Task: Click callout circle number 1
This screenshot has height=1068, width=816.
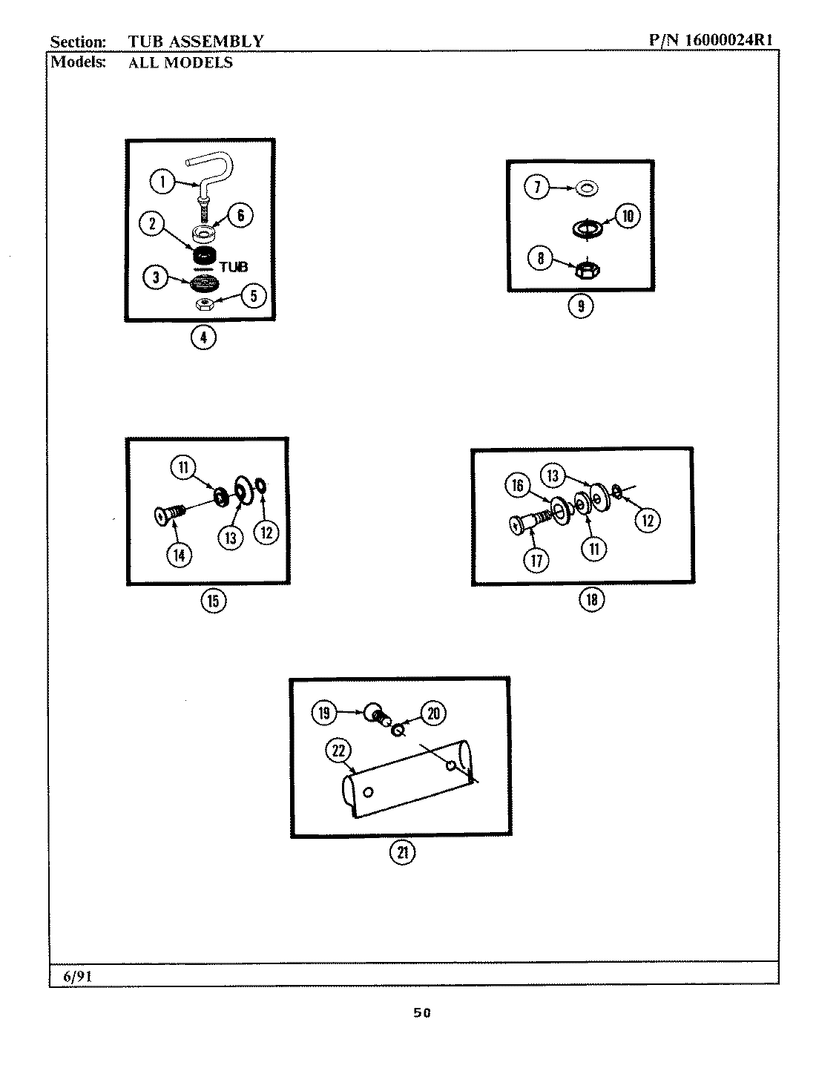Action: [x=162, y=180]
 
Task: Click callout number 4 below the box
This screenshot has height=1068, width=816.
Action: [x=203, y=337]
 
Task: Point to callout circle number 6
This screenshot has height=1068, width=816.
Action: [x=240, y=216]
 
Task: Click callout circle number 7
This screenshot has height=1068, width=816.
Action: [x=537, y=187]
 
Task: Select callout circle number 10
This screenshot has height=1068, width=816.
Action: [x=627, y=216]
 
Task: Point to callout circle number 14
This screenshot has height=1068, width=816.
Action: [x=180, y=553]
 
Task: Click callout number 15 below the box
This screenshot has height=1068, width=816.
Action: [x=213, y=600]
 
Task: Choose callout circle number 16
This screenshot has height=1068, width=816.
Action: [x=518, y=486]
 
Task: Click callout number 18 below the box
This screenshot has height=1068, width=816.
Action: [x=591, y=599]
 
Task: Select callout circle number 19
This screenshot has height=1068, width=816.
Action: [x=324, y=713]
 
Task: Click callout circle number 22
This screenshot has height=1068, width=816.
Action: [x=338, y=751]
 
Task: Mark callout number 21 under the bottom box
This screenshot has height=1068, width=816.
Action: [x=403, y=852]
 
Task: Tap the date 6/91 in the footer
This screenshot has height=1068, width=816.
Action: [x=77, y=977]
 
